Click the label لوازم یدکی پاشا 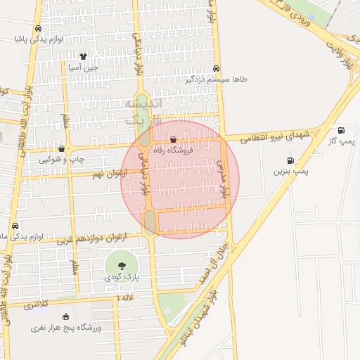39,39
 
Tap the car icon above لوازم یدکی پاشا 38,29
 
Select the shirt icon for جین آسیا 83,56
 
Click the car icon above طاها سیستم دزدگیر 217,69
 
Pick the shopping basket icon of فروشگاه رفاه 174,140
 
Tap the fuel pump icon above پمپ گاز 341,130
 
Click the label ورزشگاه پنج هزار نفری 67,328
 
